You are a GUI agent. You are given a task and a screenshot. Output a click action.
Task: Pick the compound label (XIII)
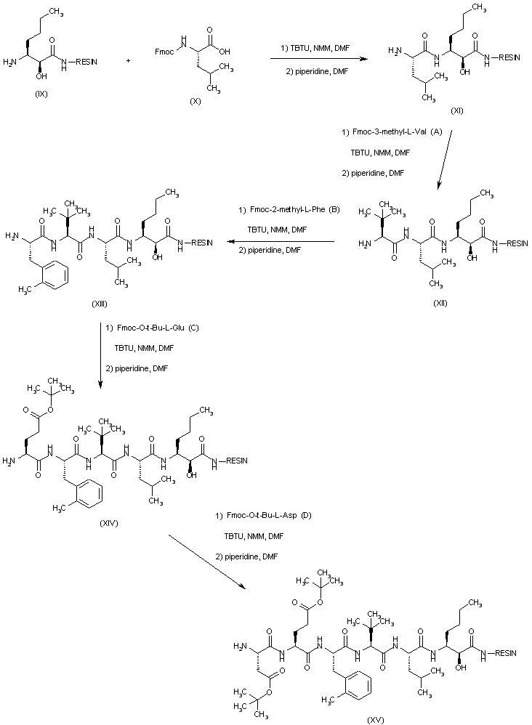101,304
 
